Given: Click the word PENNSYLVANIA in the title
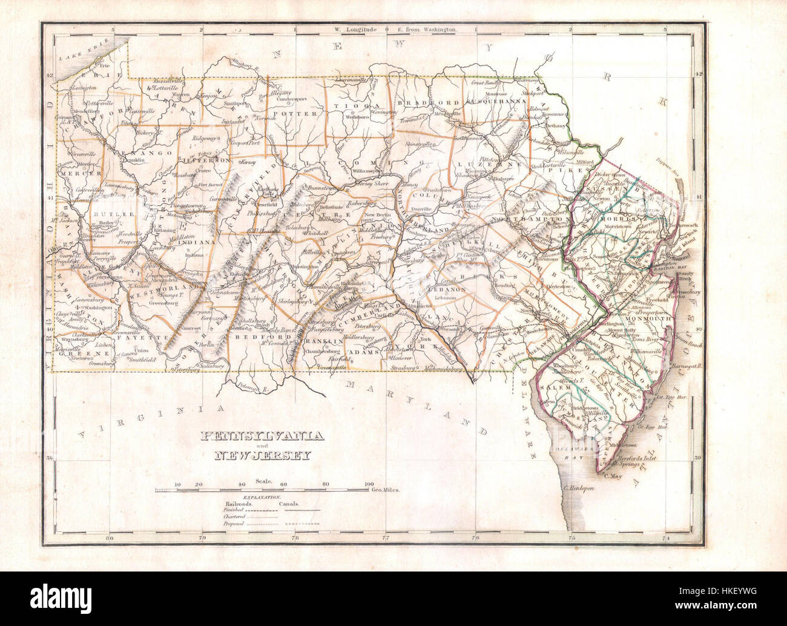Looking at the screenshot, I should (x=262, y=437).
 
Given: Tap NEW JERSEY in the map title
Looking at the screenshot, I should (x=263, y=456).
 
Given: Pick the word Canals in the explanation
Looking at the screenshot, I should (x=289, y=503).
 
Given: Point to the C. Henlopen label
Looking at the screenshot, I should (x=579, y=488).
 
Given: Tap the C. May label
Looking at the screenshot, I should (x=613, y=476).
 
